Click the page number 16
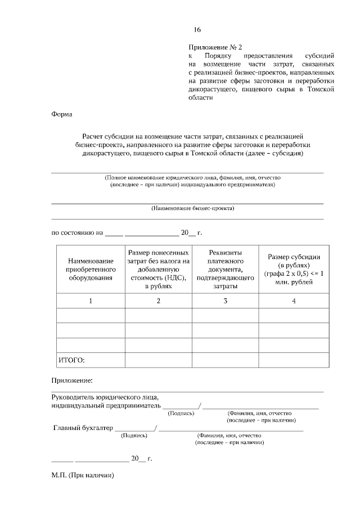click(x=197, y=30)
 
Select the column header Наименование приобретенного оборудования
click(x=91, y=269)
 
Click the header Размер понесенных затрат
click(x=158, y=269)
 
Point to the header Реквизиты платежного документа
click(x=225, y=269)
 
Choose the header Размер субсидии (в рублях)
click(x=294, y=269)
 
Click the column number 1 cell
click(x=91, y=301)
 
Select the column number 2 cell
click(x=158, y=301)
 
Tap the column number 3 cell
click(x=225, y=301)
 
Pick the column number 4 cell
click(x=294, y=301)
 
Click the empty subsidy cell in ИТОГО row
click(x=294, y=359)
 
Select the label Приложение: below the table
click(x=71, y=381)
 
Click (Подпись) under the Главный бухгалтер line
click(x=134, y=435)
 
